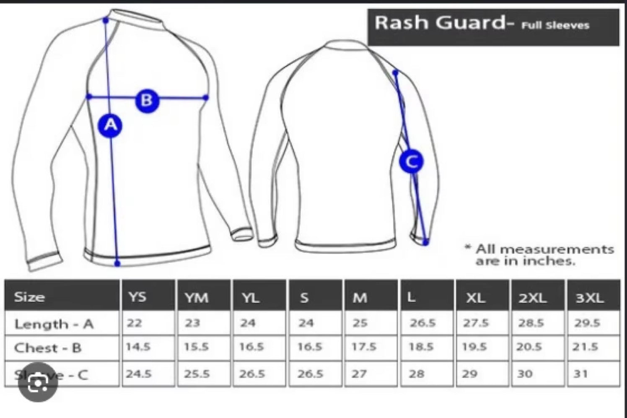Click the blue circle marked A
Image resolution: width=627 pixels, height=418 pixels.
pyautogui.click(x=110, y=125)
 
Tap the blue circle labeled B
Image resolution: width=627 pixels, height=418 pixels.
pyautogui.click(x=147, y=100)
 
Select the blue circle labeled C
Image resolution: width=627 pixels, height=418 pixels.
pyautogui.click(x=411, y=161)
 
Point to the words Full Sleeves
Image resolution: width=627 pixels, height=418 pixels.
pyautogui.click(x=555, y=26)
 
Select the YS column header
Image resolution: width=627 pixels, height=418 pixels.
pyautogui.click(x=137, y=297)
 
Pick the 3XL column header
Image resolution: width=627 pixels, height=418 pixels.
pyautogui.click(x=590, y=298)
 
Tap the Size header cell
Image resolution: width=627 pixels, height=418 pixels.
pyautogui.click(x=29, y=297)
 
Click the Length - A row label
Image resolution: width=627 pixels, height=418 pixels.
pyautogui.click(x=54, y=324)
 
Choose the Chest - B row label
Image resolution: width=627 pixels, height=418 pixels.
pyautogui.click(x=48, y=348)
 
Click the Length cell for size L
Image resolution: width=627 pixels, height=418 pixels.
pyautogui.click(x=422, y=323)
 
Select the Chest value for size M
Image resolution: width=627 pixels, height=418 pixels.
pyautogui.click(x=364, y=347)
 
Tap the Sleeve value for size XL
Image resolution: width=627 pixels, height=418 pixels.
pyautogui.click(x=470, y=374)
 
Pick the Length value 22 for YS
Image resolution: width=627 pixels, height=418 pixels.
pyautogui.click(x=135, y=323)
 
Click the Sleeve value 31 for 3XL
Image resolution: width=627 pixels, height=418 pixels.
pyautogui.click(x=581, y=373)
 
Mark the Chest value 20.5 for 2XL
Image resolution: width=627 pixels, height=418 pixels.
pyautogui.click(x=529, y=347)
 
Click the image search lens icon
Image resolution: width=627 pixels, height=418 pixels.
pyautogui.click(x=38, y=383)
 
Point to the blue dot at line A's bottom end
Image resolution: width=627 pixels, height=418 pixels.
pyautogui.click(x=117, y=263)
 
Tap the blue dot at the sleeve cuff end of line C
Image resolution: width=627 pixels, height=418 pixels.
pyautogui.click(x=426, y=242)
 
